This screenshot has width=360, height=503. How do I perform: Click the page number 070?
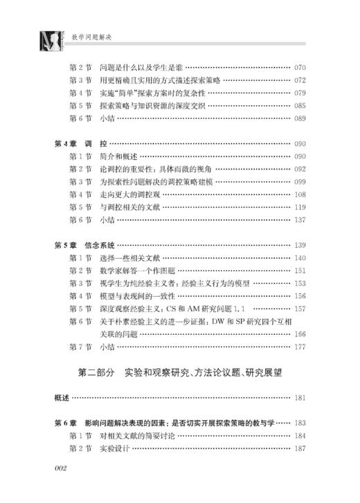(300, 68)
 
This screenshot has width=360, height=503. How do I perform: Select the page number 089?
(300, 118)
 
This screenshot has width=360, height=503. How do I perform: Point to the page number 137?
(300, 219)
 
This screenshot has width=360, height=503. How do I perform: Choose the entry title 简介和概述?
(118, 156)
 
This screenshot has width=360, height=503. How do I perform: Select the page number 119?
(300, 207)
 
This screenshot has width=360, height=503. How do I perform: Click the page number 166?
(300, 333)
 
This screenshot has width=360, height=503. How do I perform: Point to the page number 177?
(300, 346)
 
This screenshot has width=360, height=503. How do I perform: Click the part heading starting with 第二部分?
(181, 374)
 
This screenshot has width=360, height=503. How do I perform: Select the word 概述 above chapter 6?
(62, 398)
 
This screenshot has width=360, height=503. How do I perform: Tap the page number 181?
(300, 398)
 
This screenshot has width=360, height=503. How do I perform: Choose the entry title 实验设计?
(114, 448)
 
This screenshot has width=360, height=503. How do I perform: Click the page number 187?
(300, 448)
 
